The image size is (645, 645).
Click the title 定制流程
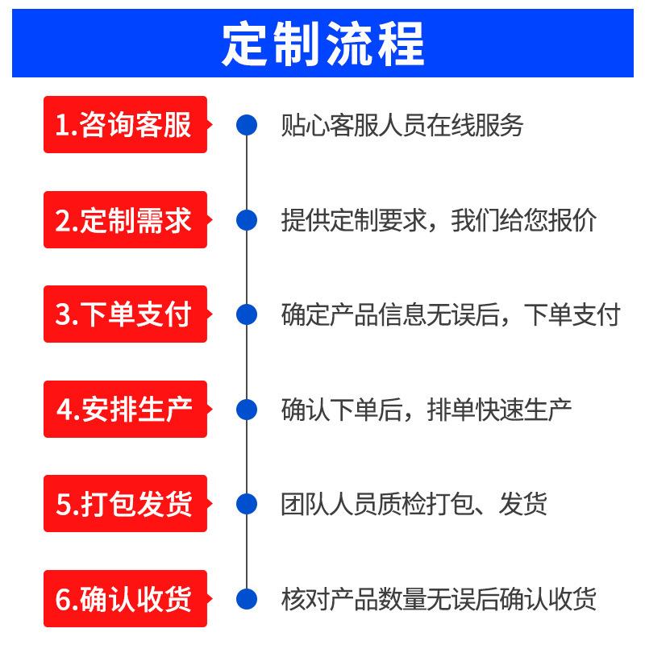pos(322,45)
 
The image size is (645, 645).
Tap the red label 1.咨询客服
pos(125,125)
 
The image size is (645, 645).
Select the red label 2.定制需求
pos(125,220)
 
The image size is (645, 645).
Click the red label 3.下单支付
pos(125,314)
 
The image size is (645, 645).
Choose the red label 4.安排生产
pos(125,410)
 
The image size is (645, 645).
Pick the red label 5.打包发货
pos(125,504)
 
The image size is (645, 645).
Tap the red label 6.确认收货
pos(125,599)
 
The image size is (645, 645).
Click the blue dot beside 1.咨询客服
pos(246,125)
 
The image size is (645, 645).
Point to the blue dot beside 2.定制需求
pos(246,220)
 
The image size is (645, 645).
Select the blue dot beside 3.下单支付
pos(246,314)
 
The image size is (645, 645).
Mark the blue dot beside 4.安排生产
pos(246,410)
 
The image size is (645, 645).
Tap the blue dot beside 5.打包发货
pos(246,504)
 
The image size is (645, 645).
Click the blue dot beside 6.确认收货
pos(246,599)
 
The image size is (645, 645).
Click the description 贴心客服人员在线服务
pos(402,125)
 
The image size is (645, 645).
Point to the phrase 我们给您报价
pos(524,220)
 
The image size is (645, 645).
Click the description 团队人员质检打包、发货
pos(414,504)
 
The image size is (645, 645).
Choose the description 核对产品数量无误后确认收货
pos(439,599)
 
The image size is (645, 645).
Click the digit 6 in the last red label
pos(64,599)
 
